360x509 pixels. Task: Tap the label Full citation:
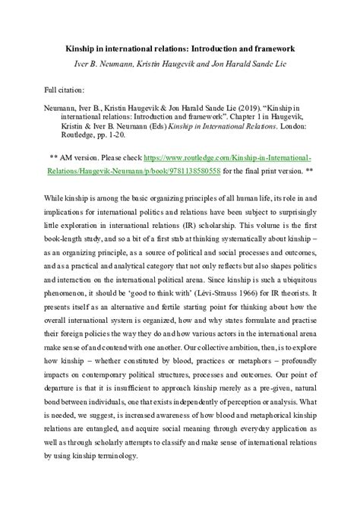(x=69, y=89)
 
